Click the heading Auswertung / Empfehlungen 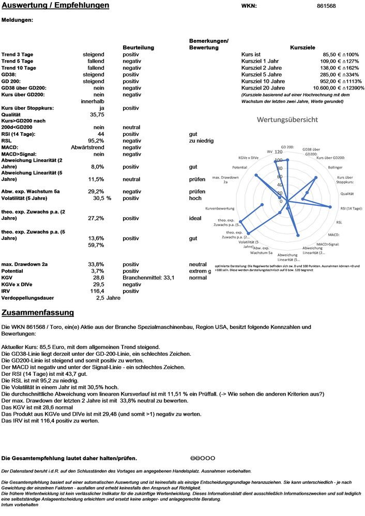coord(55,6)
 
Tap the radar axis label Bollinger coord(335,167)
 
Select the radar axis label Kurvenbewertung coord(220,208)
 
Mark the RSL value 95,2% coord(96,141)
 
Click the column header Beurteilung coord(138,48)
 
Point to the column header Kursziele coord(303,48)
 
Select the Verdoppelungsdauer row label coord(35,298)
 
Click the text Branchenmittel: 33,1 coord(148,278)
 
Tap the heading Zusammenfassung coord(38,313)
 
